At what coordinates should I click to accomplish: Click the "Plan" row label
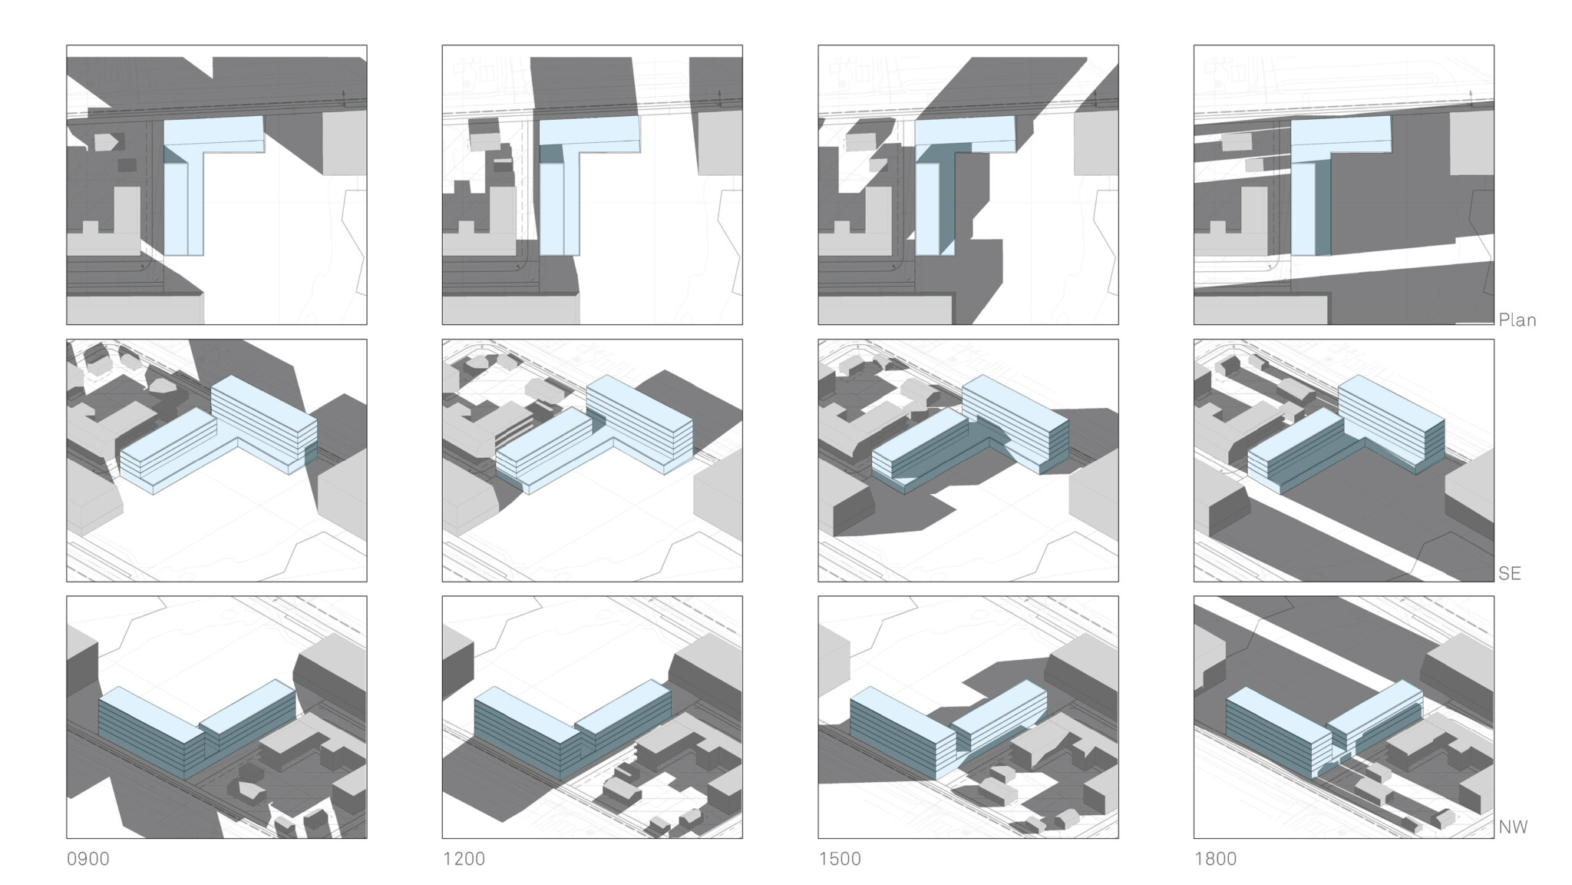tap(1517, 320)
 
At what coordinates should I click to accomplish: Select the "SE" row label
tap(1509, 573)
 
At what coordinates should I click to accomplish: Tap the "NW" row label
tap(1513, 827)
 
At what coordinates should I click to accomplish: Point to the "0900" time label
tap(88, 859)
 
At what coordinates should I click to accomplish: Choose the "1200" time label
tap(464, 859)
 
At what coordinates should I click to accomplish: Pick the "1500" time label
tap(840, 859)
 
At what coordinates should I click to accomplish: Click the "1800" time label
tap(1215, 859)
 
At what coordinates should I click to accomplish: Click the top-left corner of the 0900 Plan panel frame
tap(67, 45)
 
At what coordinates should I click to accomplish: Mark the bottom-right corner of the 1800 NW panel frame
tap(1494, 838)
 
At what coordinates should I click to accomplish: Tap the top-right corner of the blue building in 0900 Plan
tap(263, 117)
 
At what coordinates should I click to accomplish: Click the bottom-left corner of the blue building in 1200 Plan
tap(540, 255)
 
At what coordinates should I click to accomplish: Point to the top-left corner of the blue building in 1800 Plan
tap(1291, 120)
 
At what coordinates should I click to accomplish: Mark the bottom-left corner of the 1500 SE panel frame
tap(818, 582)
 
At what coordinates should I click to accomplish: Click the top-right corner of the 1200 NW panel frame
tap(742, 596)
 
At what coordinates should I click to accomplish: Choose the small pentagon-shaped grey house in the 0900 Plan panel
tap(107, 142)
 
